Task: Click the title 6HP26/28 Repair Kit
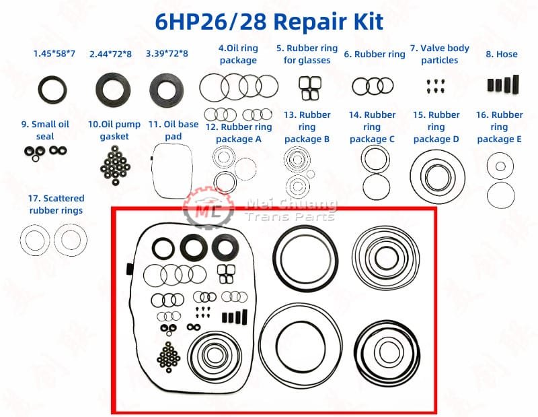click(x=269, y=21)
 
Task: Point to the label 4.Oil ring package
click(x=238, y=54)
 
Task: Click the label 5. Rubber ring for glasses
click(x=307, y=54)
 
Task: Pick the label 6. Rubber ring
click(x=374, y=54)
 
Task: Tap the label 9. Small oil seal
click(x=45, y=130)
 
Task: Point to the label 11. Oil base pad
click(x=173, y=130)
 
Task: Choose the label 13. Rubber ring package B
click(x=307, y=127)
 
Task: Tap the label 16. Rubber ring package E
click(x=499, y=127)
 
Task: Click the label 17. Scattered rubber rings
click(x=56, y=204)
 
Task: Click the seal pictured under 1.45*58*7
click(x=52, y=88)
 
